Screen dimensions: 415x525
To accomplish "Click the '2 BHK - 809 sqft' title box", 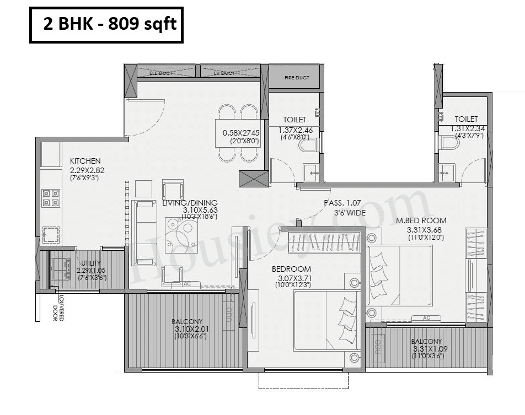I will [106, 25].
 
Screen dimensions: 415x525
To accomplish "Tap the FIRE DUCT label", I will [293, 78].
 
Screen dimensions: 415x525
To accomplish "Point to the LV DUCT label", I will [224, 73].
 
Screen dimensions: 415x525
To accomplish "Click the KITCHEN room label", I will [85, 161].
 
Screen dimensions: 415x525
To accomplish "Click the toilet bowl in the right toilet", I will [449, 143].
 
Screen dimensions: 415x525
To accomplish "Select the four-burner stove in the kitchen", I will [51, 198].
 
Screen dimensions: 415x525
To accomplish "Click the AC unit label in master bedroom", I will [427, 318].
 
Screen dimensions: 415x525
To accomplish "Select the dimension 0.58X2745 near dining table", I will [240, 133].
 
